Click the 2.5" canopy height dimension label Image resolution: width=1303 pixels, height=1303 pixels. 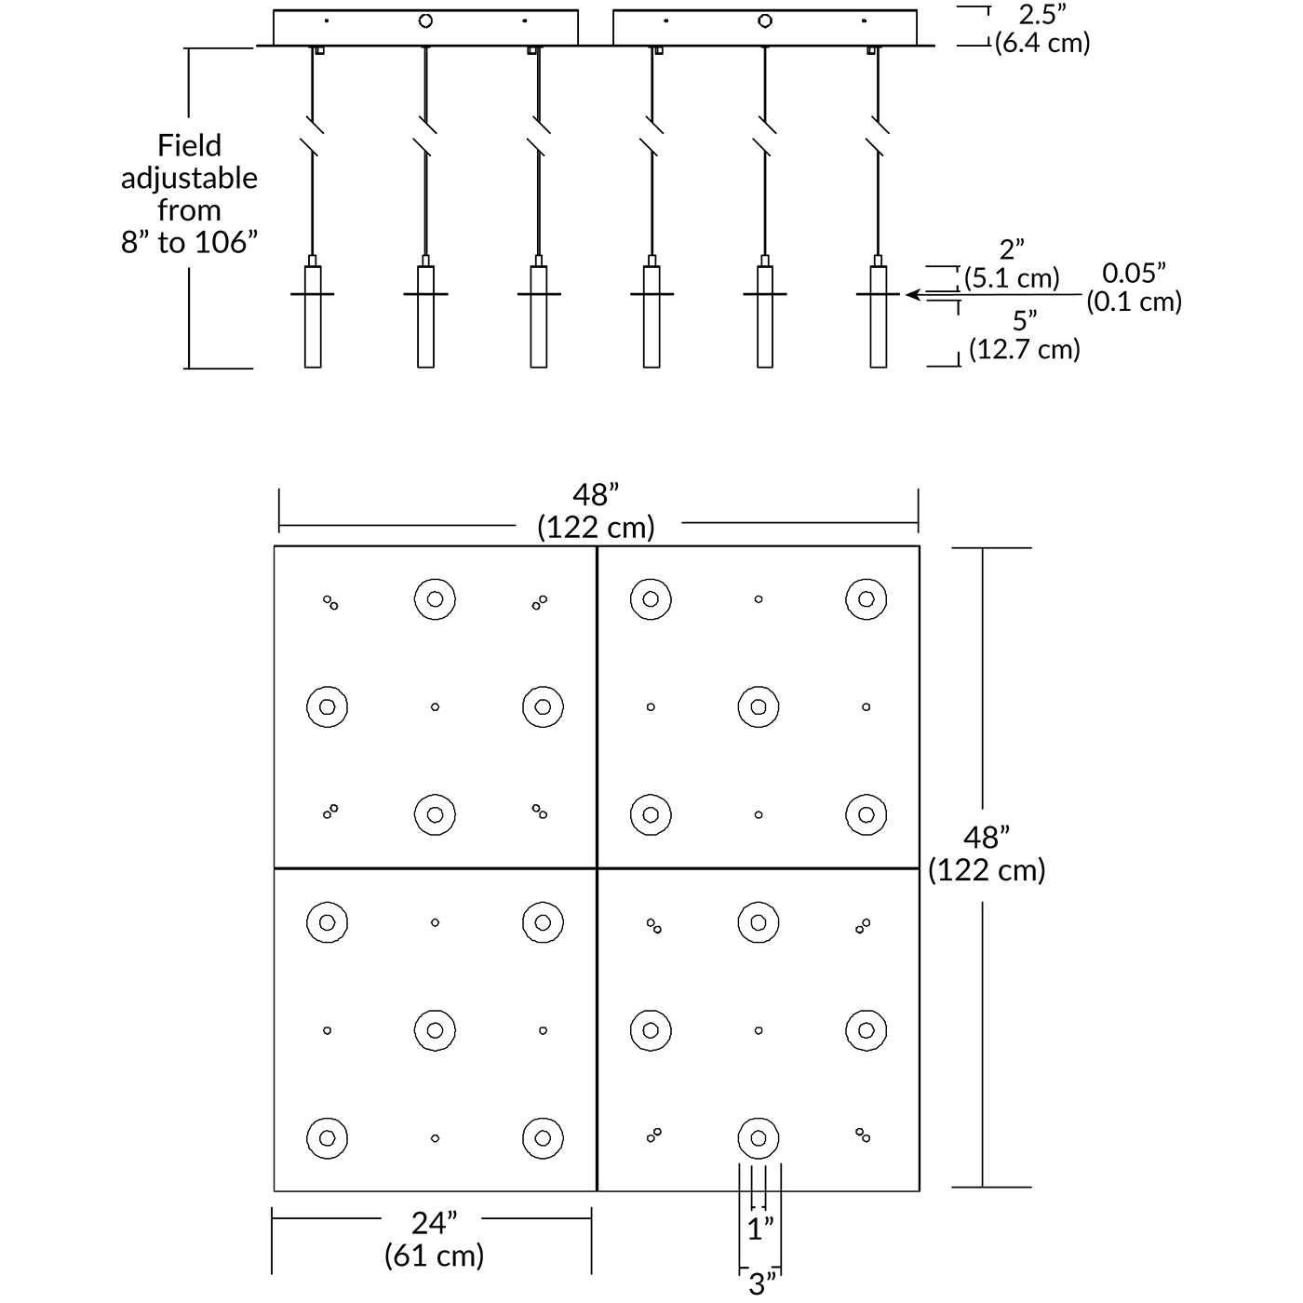click(1042, 15)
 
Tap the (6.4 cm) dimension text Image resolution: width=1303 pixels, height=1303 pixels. click(1042, 43)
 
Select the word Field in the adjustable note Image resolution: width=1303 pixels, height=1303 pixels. click(189, 145)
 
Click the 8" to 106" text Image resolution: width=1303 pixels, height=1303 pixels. click(189, 242)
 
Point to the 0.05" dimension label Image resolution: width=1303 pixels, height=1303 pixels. click(1134, 274)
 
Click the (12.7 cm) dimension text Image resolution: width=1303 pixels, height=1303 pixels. click(1025, 349)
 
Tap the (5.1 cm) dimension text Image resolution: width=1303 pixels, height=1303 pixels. click(1012, 278)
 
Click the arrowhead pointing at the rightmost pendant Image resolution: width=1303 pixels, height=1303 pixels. click(913, 295)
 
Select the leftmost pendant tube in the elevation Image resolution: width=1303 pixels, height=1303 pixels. click(313, 316)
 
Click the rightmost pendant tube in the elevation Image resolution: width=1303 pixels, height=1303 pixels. click(878, 316)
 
